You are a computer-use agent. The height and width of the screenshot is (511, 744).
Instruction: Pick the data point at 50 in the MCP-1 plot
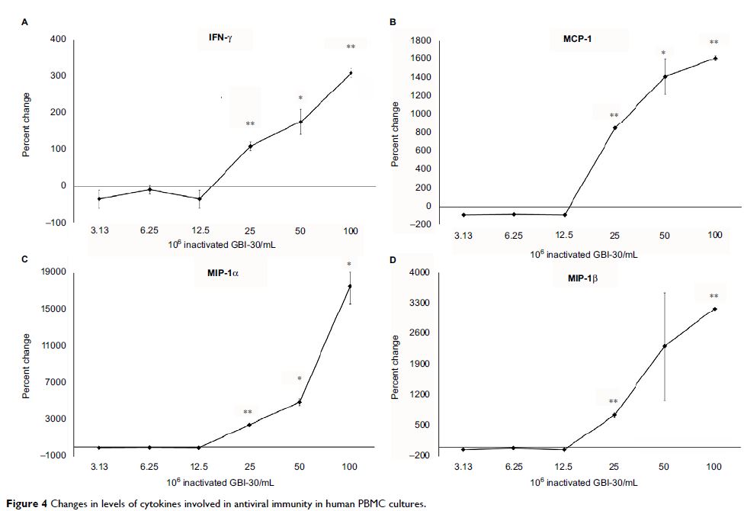click(665, 76)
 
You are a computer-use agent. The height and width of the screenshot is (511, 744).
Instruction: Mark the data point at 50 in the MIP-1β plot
click(665, 345)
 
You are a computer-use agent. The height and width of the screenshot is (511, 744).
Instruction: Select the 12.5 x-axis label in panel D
click(564, 467)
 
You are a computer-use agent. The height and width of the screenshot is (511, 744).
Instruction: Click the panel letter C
click(24, 259)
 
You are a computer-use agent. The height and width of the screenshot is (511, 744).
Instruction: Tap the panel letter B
click(393, 22)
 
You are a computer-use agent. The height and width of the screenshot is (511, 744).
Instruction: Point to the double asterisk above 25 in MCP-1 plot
click(614, 116)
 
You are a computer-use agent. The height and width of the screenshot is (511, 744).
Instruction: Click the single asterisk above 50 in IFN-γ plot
click(300, 98)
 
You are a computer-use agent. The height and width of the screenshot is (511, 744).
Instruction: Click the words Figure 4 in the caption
click(27, 503)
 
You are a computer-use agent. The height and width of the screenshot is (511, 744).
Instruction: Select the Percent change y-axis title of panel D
click(395, 368)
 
